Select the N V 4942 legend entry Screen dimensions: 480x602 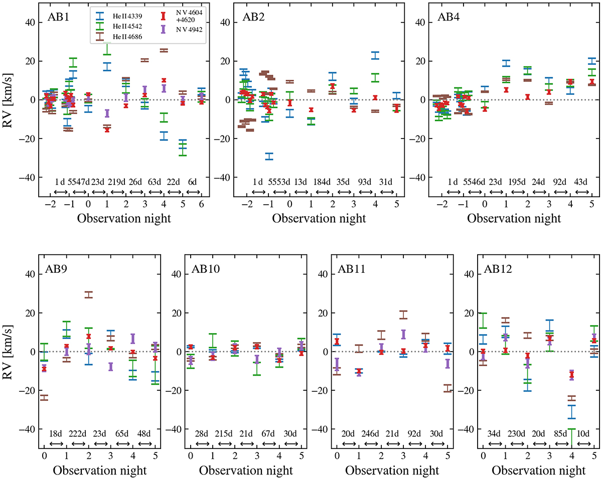coord(180,30)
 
